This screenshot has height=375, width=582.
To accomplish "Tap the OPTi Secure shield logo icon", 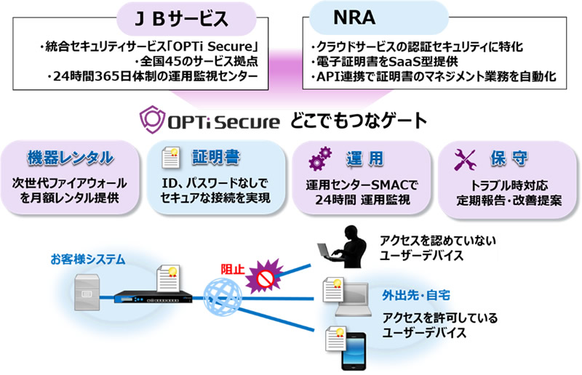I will pyautogui.click(x=152, y=119).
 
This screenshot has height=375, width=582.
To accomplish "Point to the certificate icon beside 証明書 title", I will pyautogui.click(x=170, y=157).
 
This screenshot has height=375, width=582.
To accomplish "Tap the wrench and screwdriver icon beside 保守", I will pyautogui.click(x=463, y=158).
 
